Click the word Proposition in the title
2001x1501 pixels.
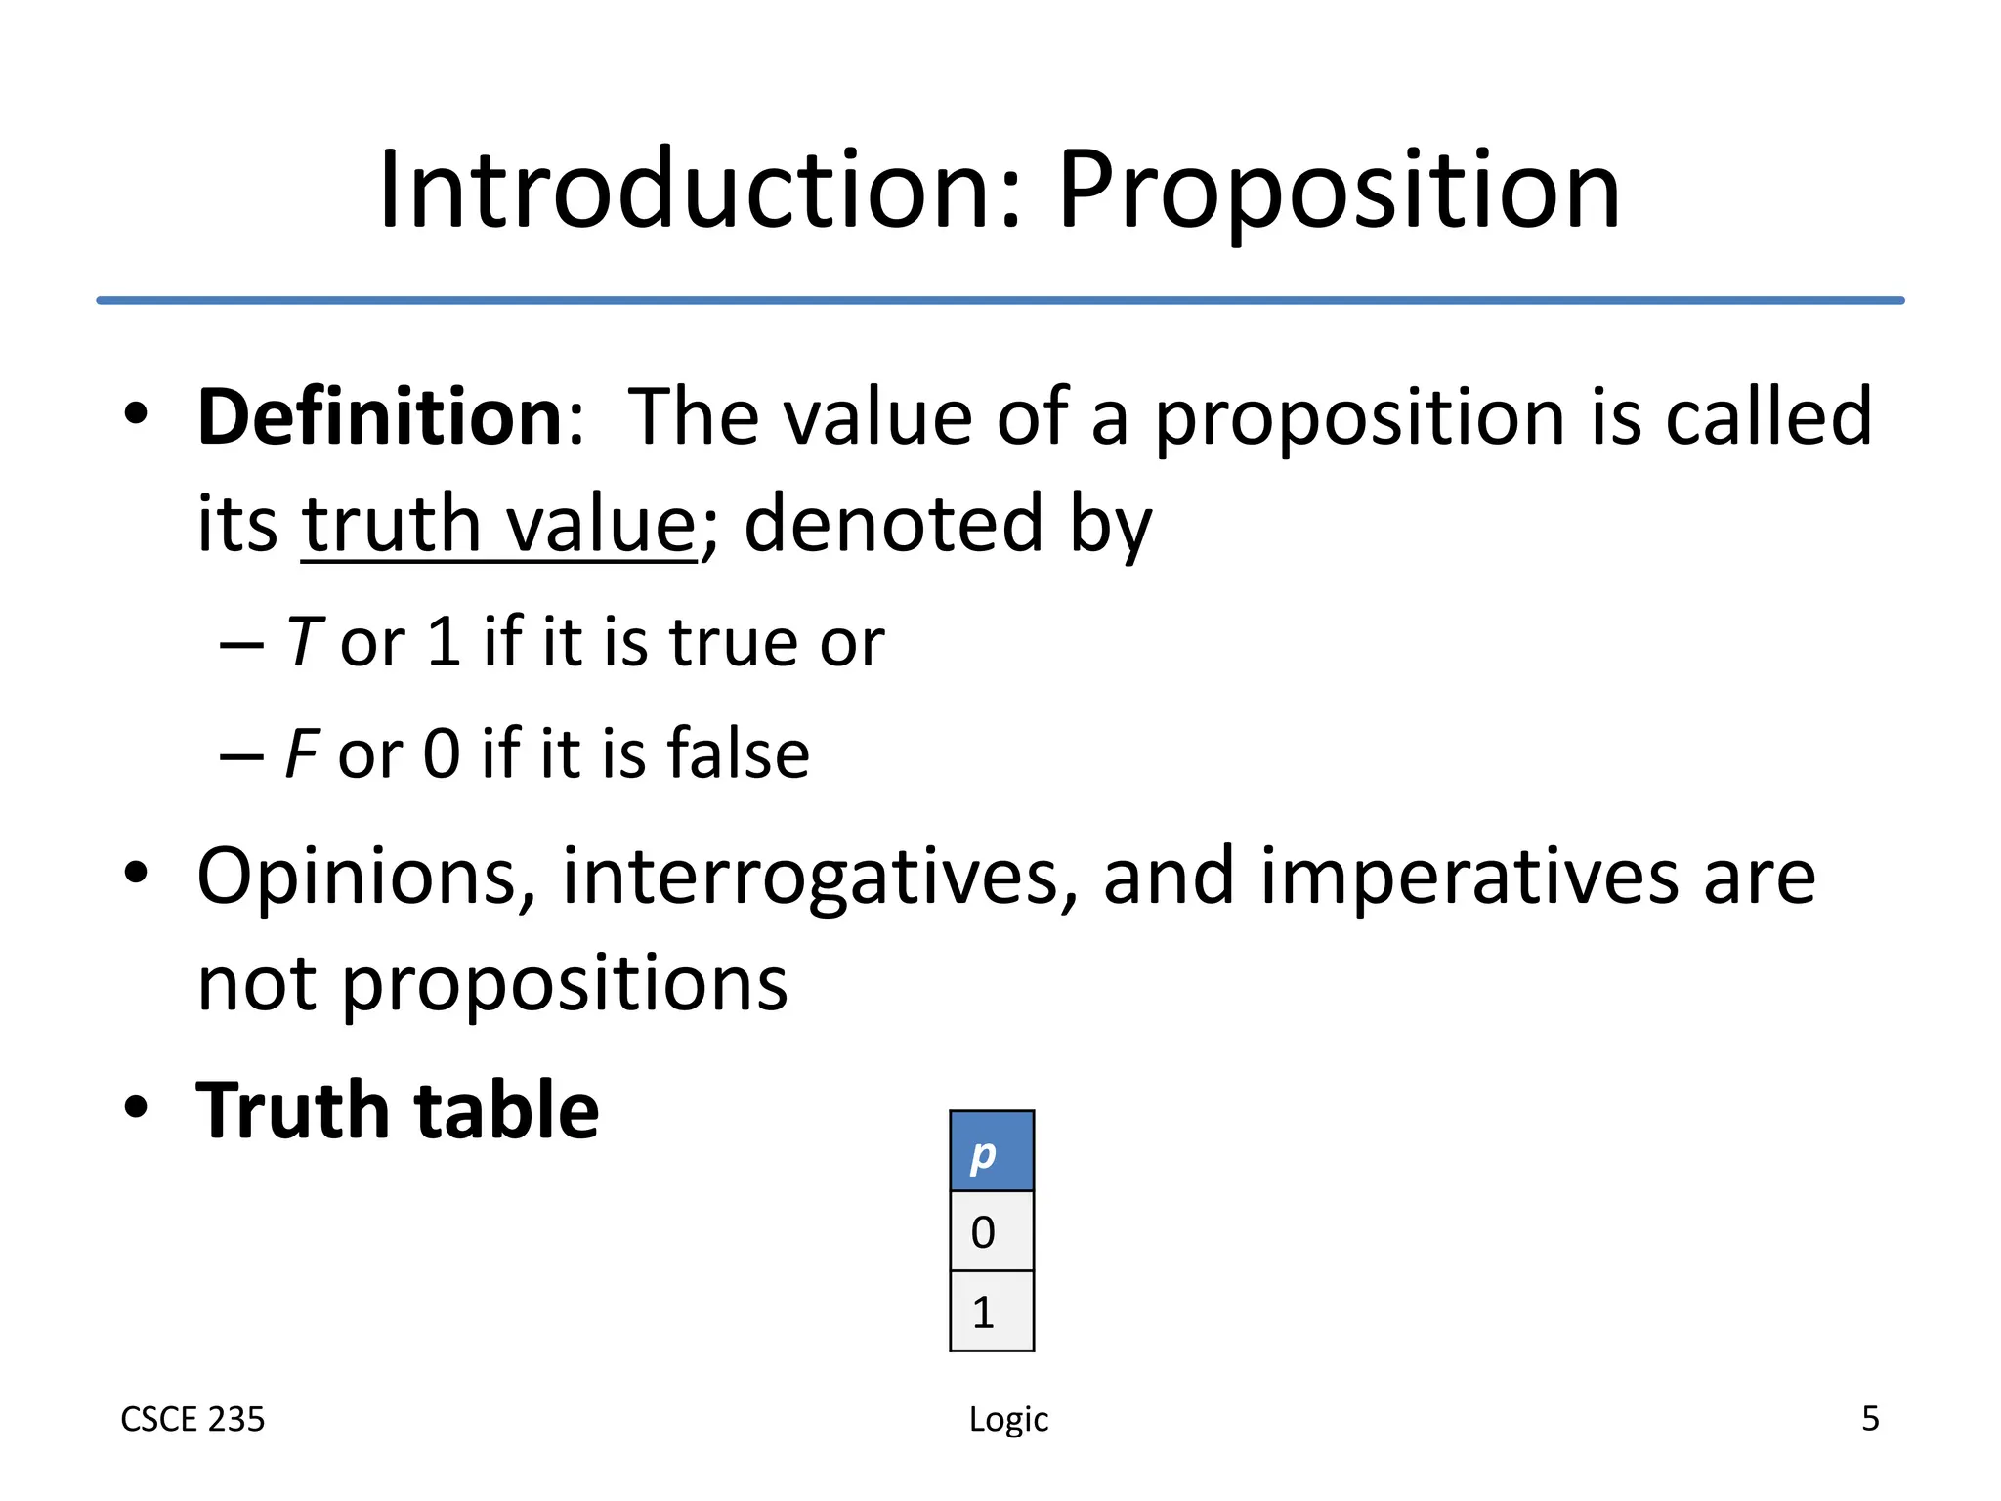click(x=1339, y=192)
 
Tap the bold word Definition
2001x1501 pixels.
click(x=380, y=417)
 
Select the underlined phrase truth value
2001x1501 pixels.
click(x=498, y=525)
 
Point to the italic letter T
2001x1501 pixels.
click(x=304, y=642)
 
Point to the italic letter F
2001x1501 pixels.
click(x=301, y=754)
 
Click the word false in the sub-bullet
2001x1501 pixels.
click(x=738, y=754)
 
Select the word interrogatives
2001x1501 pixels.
click(x=820, y=878)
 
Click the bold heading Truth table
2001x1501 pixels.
click(x=398, y=1111)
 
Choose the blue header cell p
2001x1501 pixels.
click(x=991, y=1151)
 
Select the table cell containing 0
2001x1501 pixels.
click(x=991, y=1231)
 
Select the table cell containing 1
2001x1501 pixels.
click(x=991, y=1311)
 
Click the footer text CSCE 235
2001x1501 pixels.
click(x=192, y=1419)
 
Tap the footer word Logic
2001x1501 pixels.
click(x=1008, y=1420)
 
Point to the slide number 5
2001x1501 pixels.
click(x=1870, y=1418)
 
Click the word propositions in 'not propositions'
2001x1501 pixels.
click(x=564, y=985)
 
